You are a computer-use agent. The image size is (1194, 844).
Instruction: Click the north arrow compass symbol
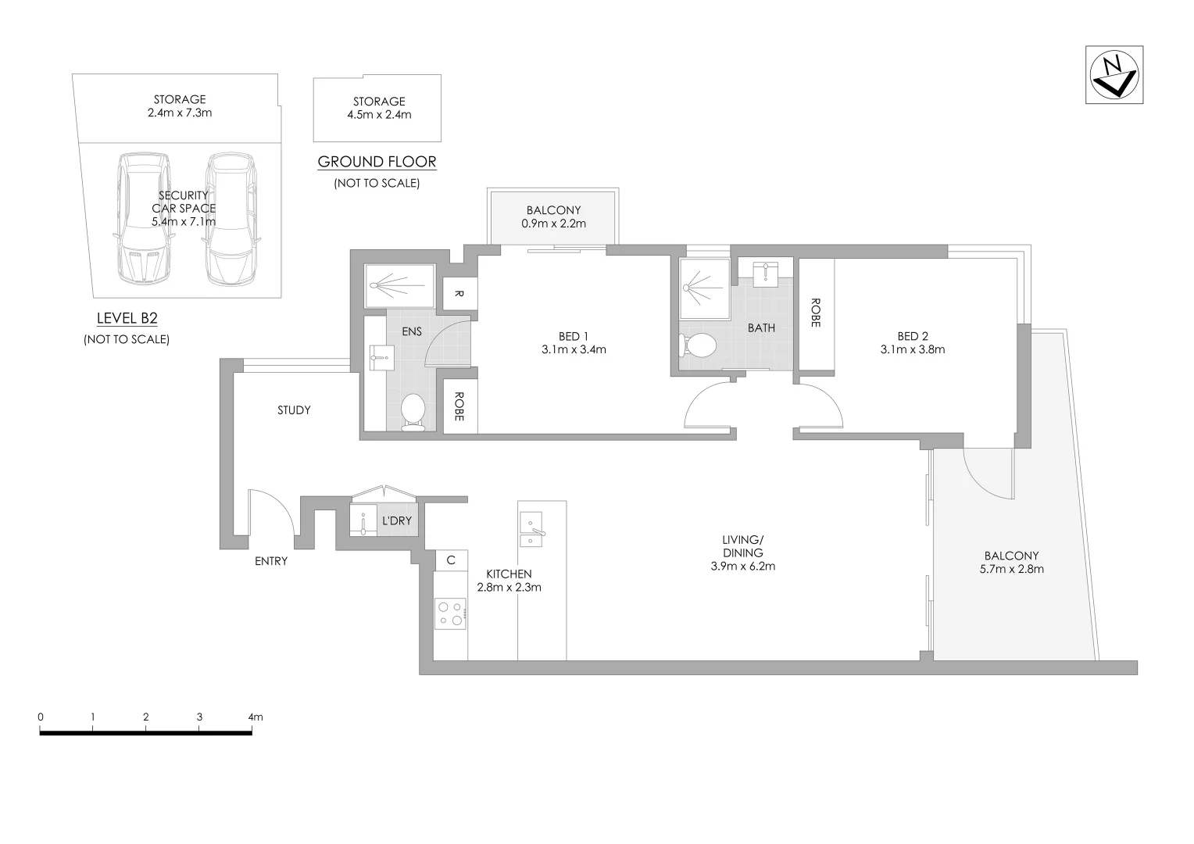pos(1114,74)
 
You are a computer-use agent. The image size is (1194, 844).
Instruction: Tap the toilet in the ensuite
pos(413,411)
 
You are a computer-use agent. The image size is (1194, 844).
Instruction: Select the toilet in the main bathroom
pos(699,345)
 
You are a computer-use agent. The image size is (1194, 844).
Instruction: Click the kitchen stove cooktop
pos(451,613)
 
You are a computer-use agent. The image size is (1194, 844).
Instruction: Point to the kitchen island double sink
pos(531,530)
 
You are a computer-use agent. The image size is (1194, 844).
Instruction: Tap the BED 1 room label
pos(574,336)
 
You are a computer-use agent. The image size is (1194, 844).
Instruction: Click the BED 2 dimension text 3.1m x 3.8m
pos(912,349)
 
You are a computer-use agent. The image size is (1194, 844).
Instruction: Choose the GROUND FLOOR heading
pos(377,162)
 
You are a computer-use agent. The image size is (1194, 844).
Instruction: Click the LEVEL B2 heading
pos(127,318)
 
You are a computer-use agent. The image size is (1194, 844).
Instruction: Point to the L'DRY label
pos(396,520)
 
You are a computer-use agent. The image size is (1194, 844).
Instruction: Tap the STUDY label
pos(294,409)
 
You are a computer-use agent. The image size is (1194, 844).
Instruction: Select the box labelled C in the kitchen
pos(451,560)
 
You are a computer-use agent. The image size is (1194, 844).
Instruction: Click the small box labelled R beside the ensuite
pos(459,294)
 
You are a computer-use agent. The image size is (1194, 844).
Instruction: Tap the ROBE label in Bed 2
pos(815,313)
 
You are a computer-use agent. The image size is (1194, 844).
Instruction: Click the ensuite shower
pos(400,286)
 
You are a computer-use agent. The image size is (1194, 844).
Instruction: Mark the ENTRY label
pos(271,561)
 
